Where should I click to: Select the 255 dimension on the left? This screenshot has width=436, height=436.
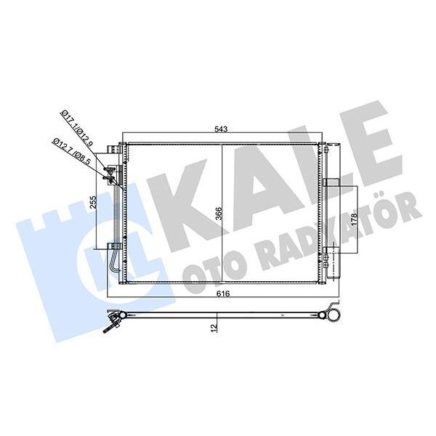pos(94,203)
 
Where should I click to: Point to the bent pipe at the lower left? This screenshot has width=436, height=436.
pos(115,264)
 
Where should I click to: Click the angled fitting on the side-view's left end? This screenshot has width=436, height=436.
pos(113,320)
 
